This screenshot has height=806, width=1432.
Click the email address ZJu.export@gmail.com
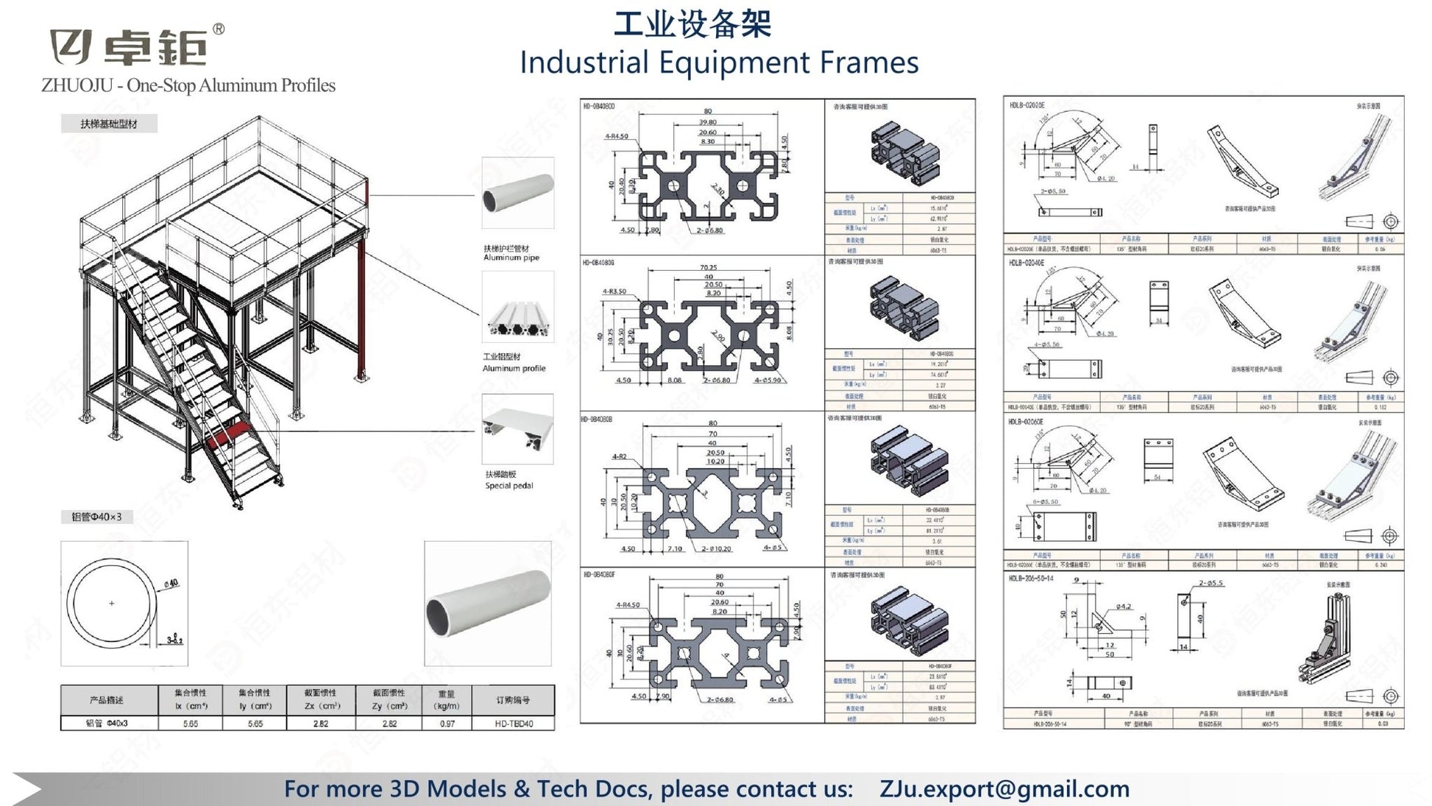coord(1004,788)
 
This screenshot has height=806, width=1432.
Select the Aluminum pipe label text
coord(511,258)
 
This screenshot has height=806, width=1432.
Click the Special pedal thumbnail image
coord(517,429)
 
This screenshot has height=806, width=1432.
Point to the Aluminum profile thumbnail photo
coord(517,308)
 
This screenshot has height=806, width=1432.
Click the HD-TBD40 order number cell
coord(513,724)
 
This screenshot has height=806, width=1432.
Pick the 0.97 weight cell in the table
coord(447,724)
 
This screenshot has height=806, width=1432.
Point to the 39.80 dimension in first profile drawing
coord(707,122)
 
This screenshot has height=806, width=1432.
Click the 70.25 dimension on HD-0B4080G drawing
coord(708,268)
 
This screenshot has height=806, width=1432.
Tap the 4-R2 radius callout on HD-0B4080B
coord(620,456)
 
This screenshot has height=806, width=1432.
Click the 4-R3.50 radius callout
coord(614,291)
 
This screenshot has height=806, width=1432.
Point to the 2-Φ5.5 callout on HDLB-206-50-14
coord(1211,583)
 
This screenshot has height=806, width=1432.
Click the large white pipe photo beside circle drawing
coord(487,604)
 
